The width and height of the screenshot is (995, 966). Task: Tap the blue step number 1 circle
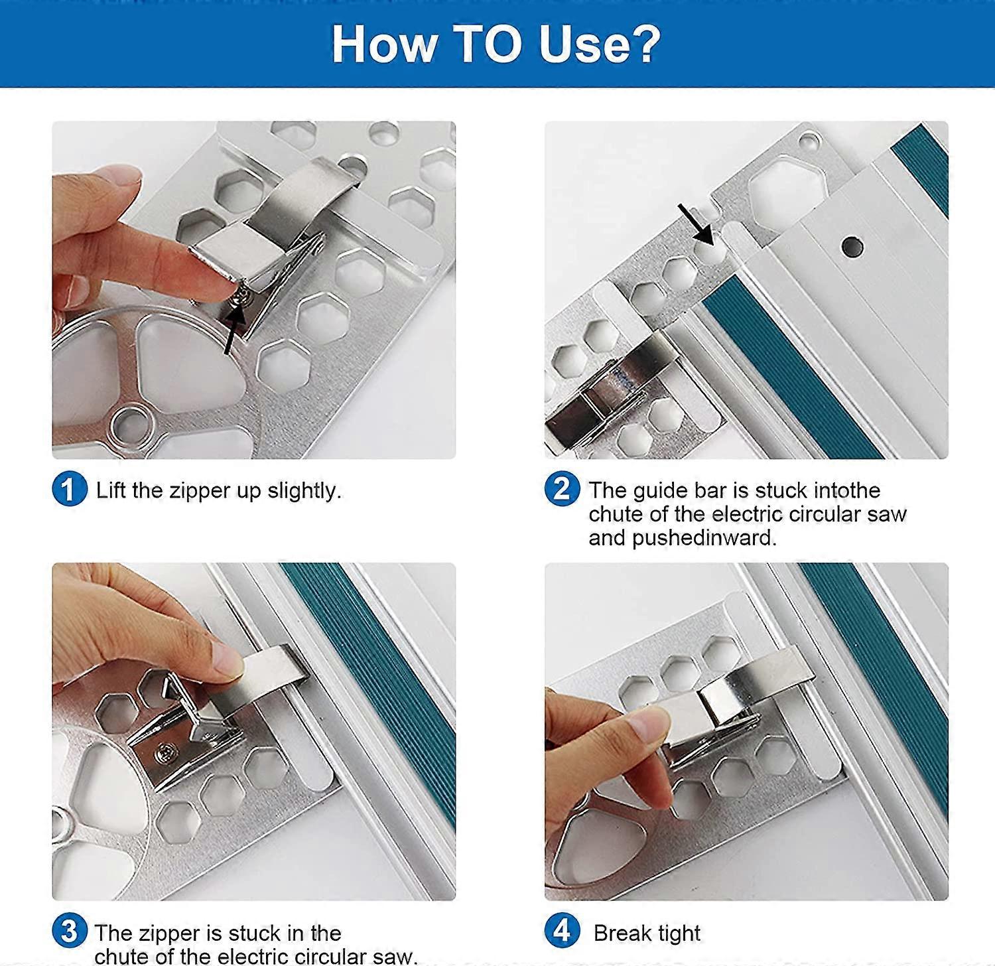(69, 490)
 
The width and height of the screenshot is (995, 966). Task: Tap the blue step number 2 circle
(562, 490)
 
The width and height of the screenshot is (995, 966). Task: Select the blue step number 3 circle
(69, 931)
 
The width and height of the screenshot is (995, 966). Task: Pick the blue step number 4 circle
(562, 931)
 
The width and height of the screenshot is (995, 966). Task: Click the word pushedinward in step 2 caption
(703, 537)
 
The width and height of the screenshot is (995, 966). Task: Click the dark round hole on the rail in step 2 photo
(852, 247)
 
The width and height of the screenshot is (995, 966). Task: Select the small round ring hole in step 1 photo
(131, 423)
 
